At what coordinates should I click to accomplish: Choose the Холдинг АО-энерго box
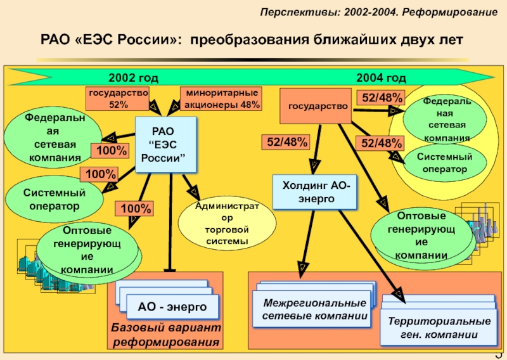(x=314, y=192)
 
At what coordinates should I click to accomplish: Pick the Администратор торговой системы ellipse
(x=228, y=223)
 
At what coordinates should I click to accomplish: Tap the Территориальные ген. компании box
(x=439, y=329)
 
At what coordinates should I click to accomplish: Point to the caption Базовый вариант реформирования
(x=167, y=336)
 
